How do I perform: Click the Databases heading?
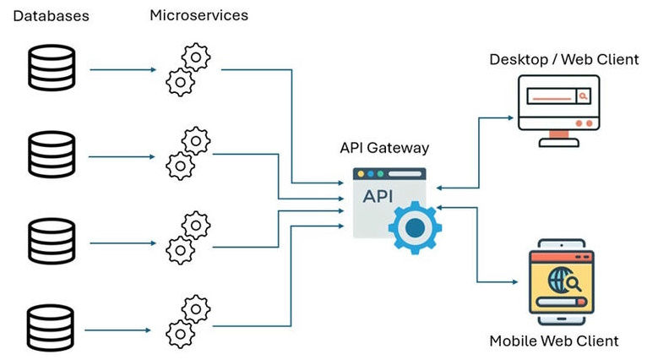tap(52, 16)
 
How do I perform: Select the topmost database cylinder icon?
tap(52, 68)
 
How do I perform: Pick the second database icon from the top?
tap(52, 155)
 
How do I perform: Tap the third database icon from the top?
tap(52, 242)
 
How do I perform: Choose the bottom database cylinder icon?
tap(52, 329)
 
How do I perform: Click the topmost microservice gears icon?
tap(188, 68)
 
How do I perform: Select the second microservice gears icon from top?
tap(188, 154)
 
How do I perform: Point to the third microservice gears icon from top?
tap(188, 239)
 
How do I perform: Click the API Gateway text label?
tap(384, 147)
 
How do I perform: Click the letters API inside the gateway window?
tap(378, 197)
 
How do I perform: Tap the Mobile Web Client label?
tap(554, 341)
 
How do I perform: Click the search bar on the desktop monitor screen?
tap(557, 97)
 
